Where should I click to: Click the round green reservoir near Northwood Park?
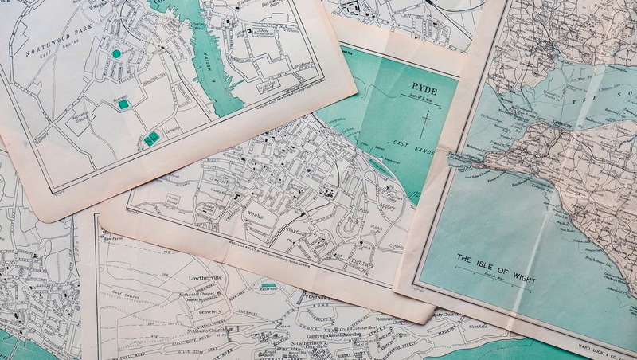pos(117,53)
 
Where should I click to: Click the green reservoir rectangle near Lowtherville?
pos(268,284)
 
